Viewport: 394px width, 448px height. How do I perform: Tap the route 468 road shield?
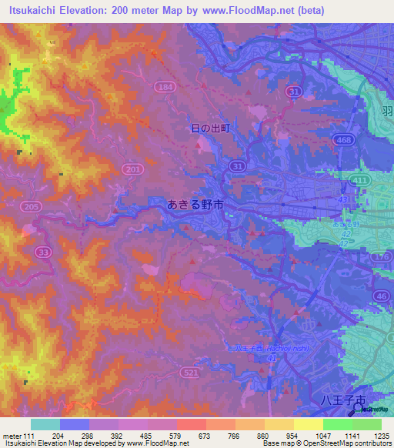click(x=343, y=139)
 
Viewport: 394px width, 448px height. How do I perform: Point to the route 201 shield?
click(x=132, y=169)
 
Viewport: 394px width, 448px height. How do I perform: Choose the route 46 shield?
click(x=382, y=295)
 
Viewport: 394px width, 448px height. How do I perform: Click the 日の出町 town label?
click(x=211, y=129)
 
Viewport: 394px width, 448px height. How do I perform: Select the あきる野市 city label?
click(x=195, y=205)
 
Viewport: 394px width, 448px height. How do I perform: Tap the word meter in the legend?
click(x=12, y=435)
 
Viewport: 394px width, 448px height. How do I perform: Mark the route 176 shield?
click(x=382, y=256)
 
